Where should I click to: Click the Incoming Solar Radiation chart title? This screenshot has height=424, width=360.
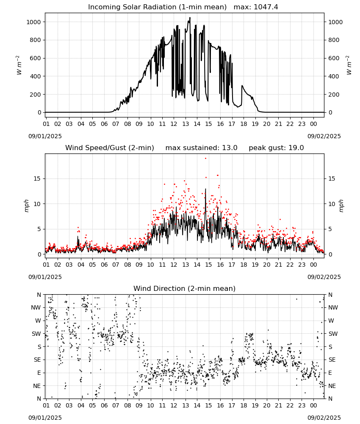pos(157,7)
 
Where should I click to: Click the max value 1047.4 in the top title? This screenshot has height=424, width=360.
pos(266,7)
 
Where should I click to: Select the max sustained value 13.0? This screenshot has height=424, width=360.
pos(230,148)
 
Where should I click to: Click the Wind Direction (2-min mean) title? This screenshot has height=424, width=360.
pos(185,288)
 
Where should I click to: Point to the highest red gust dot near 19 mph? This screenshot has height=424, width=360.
pos(205,159)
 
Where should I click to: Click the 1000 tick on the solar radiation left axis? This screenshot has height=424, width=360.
pos(34,22)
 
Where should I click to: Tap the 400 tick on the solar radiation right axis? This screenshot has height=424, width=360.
pos(334,76)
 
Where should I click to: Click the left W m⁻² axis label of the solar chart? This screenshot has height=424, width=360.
pos(19,65)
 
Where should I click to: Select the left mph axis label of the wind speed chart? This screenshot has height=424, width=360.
pos(26,206)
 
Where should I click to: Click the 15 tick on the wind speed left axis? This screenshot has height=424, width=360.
pos(37,179)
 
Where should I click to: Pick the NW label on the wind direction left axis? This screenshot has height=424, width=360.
pos(36,308)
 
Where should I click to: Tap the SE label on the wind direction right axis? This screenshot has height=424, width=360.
pos(332,360)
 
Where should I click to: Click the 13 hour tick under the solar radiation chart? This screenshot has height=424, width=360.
pos(186,124)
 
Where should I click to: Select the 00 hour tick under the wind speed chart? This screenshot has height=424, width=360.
pos(313,265)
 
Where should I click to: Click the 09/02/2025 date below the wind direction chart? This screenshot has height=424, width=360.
pos(324,418)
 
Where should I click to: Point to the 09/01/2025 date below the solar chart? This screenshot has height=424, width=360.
pos(45,136)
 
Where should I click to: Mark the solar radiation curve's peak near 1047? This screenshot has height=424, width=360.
pos(190,18)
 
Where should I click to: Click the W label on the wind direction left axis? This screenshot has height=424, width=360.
pos(38,321)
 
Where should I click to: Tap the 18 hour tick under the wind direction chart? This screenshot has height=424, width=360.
pos(244,405)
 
